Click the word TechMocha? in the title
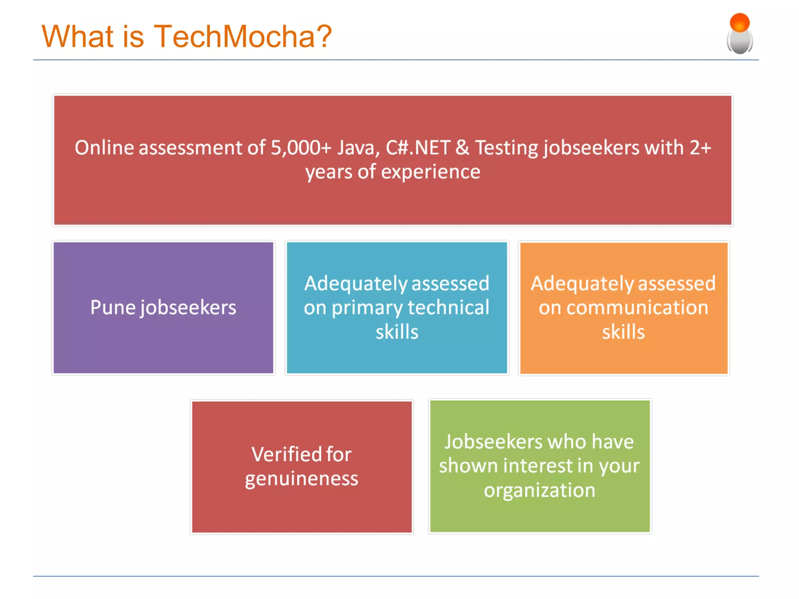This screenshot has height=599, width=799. coord(243,36)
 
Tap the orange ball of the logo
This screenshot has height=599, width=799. coord(739,22)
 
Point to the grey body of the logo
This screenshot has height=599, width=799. coord(739,43)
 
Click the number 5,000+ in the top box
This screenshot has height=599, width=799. coord(301,148)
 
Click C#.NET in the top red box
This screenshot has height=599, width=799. coord(418,148)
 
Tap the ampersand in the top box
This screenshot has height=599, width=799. coord(462,148)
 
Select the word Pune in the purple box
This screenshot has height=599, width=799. coord(113,307)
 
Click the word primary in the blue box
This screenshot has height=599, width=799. coord(367,308)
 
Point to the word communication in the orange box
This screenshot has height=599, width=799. coord(637,307)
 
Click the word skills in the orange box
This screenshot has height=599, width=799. coord(623,332)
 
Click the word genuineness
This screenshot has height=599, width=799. coord(301,479)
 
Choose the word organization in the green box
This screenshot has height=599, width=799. coord(540,491)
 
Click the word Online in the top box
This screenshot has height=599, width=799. coord(104,148)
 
